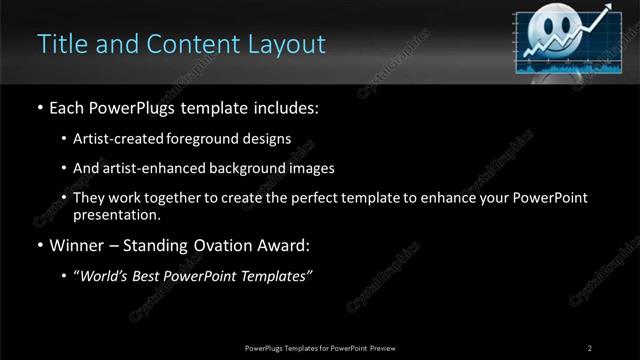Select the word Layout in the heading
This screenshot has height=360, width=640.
(289, 44)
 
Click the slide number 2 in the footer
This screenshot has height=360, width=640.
(590, 348)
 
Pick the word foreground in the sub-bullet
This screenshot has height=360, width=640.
(219, 138)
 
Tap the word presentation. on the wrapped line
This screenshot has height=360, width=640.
(117, 214)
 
